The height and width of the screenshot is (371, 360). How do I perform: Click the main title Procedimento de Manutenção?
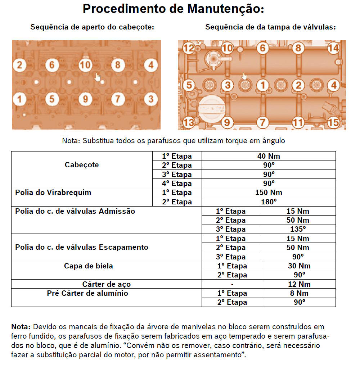173,9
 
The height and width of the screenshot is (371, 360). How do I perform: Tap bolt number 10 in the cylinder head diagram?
85,65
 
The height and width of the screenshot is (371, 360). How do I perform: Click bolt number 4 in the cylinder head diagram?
151,65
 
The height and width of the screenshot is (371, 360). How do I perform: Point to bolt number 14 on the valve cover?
333,48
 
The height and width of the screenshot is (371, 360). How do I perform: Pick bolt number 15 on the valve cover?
333,122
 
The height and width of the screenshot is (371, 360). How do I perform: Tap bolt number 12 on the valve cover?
189,48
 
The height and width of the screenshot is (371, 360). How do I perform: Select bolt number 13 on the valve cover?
189,123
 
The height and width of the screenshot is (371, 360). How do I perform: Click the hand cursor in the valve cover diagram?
244,76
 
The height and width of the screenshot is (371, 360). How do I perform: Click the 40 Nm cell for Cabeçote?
268,156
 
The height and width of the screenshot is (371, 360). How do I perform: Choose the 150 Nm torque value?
268,193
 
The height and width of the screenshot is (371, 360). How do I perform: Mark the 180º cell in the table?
268,202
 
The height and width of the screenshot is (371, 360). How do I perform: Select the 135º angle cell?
297,229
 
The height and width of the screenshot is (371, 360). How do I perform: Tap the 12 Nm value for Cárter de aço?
299,284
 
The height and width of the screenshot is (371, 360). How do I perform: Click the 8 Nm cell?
299,293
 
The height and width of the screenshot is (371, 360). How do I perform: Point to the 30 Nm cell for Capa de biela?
299,266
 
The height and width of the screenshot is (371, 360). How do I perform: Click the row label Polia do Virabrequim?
53,193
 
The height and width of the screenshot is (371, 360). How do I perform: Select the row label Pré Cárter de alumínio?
87,293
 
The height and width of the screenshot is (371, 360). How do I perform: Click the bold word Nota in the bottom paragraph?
22,327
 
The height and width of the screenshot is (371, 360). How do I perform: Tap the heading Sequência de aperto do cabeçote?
92,27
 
